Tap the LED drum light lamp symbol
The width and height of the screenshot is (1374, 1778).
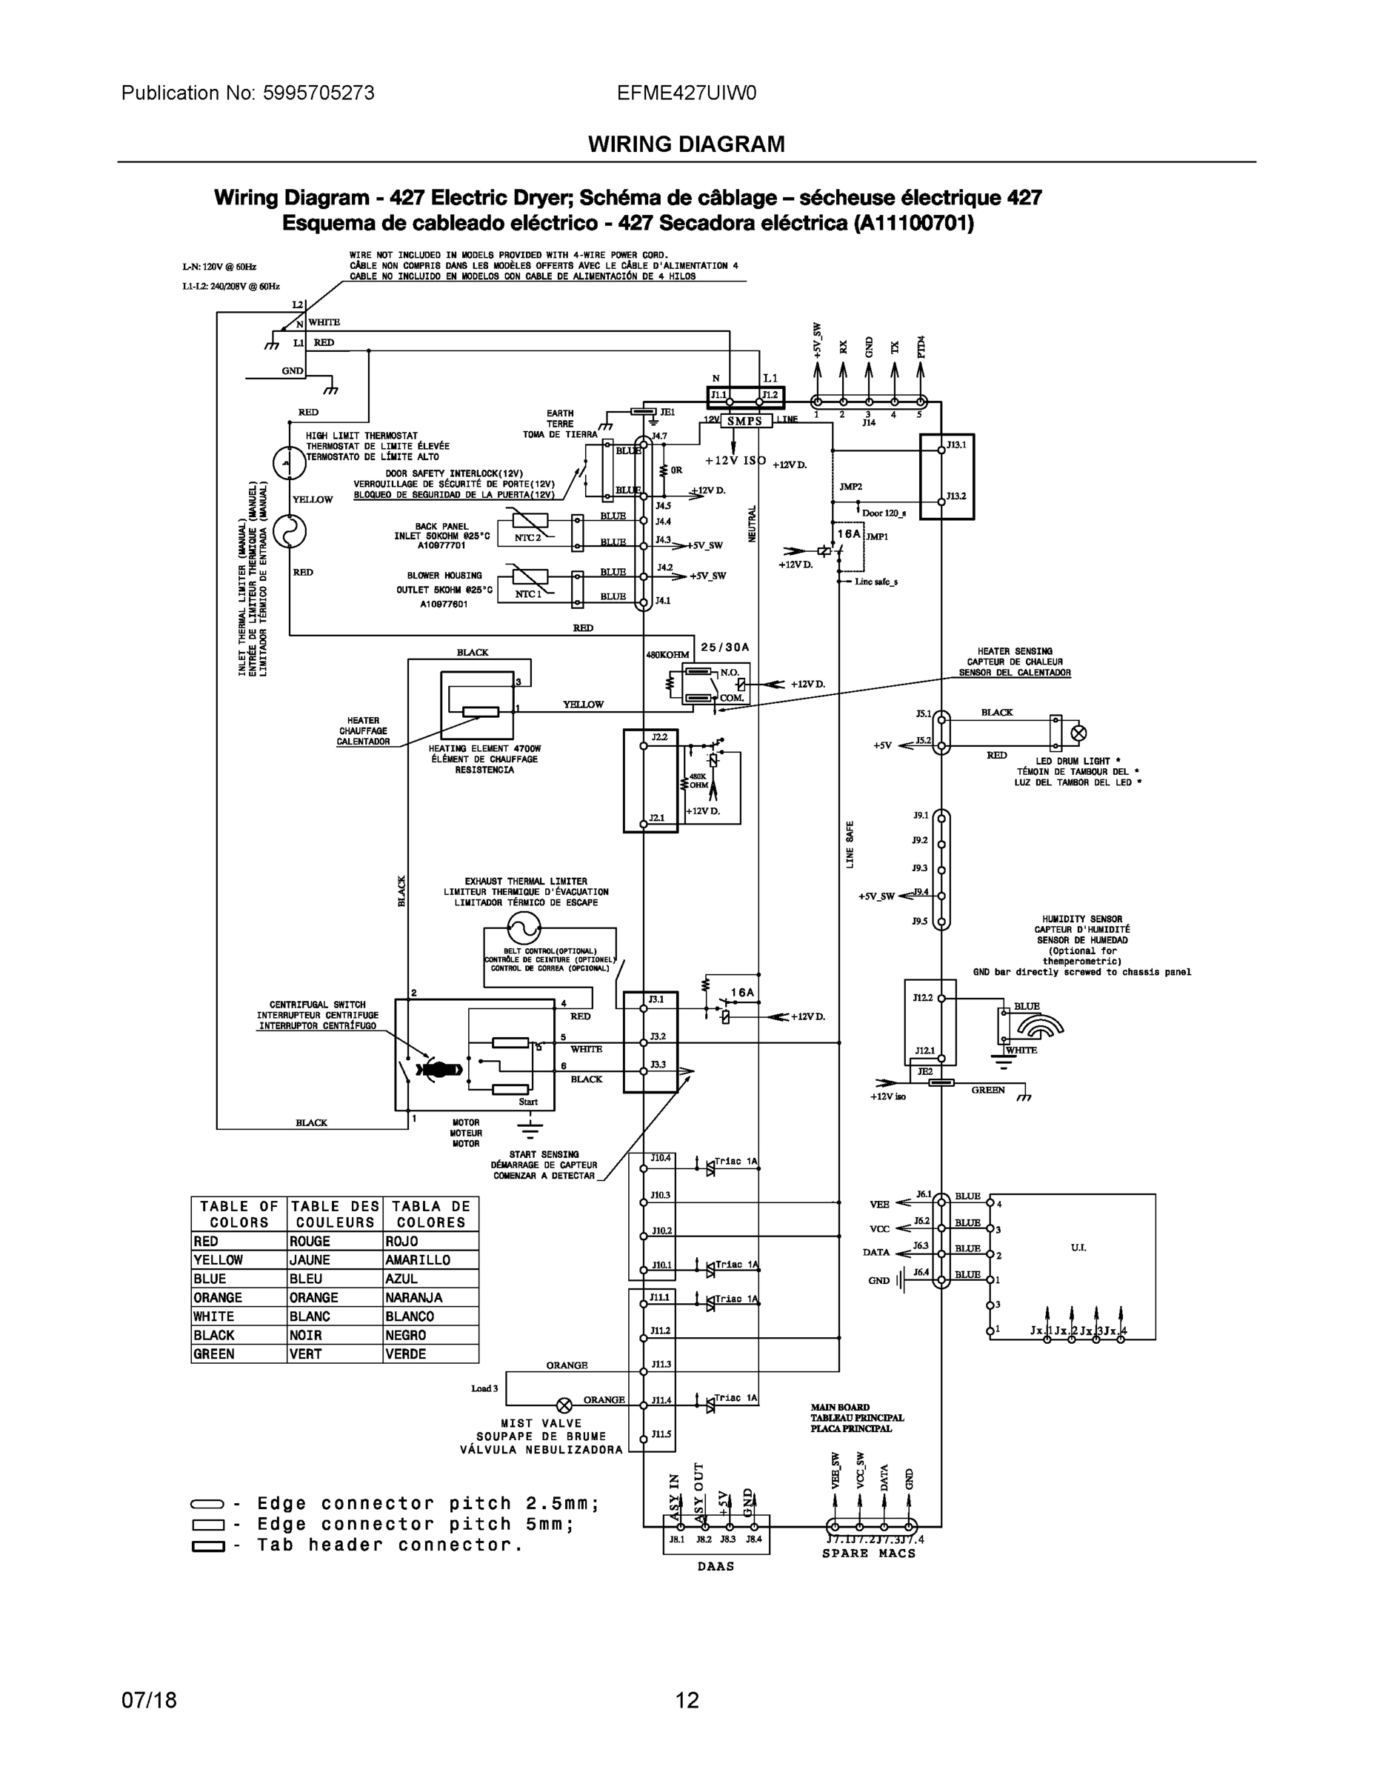(1078, 733)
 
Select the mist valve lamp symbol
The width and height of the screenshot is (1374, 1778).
(563, 1405)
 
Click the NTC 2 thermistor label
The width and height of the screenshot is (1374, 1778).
(527, 537)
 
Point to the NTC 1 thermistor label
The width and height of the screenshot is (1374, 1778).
(527, 593)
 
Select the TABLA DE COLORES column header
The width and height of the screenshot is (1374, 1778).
(430, 1213)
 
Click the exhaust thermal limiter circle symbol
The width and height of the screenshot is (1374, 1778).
(524, 928)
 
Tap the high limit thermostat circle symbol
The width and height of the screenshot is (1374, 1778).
(289, 463)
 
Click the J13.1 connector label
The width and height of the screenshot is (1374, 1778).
(956, 445)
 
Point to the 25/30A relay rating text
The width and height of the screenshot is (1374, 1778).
(724, 647)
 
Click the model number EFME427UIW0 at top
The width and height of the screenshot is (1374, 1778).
(686, 93)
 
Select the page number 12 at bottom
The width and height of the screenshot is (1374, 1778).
(686, 1700)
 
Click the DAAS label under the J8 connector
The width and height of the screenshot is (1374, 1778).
(716, 1566)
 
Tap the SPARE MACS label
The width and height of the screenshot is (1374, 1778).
(869, 1554)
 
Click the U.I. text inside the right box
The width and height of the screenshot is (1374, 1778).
(1078, 1248)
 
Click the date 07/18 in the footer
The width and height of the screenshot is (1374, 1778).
(149, 1700)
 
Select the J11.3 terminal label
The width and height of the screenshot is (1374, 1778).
(660, 1365)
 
